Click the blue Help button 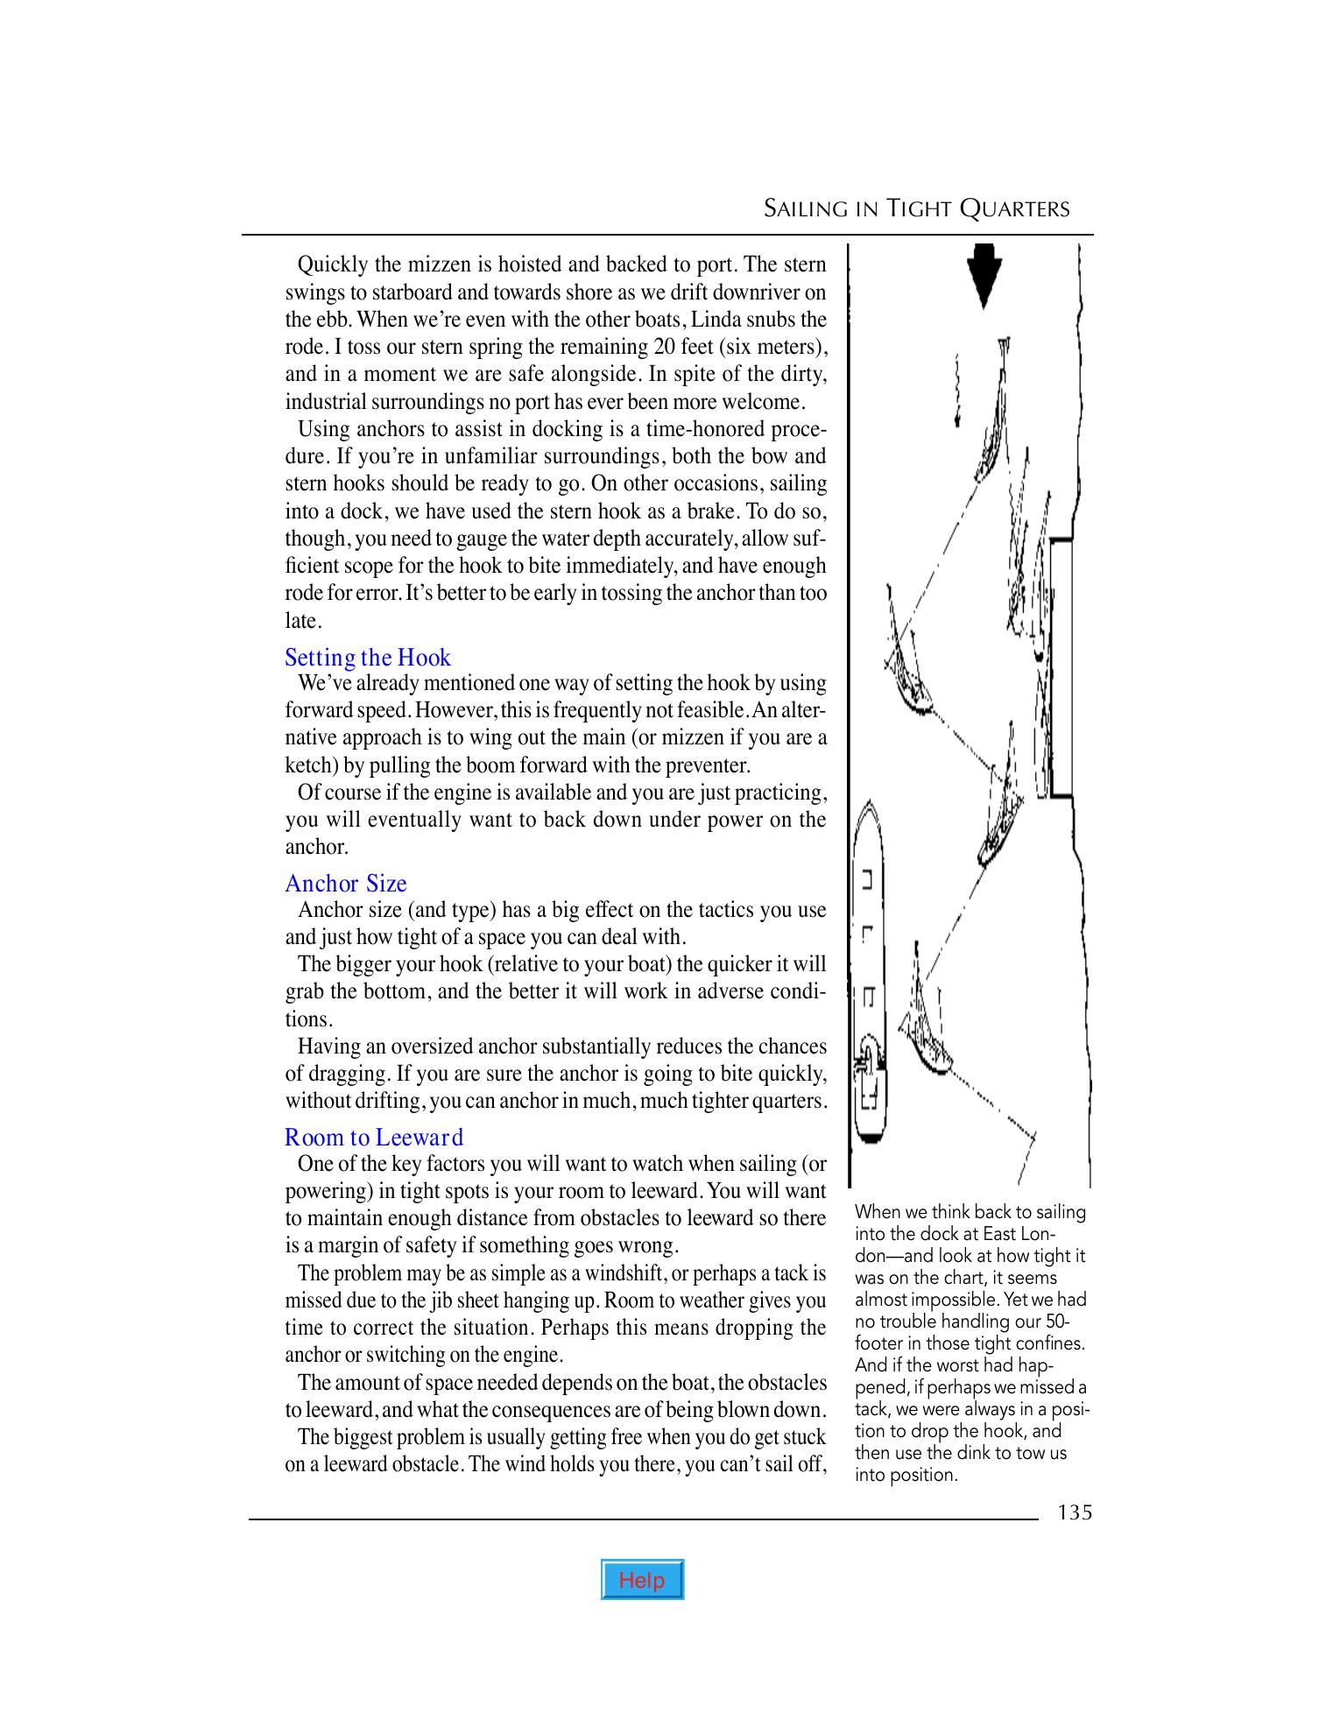(x=642, y=1579)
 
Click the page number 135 (x=1074, y=1512)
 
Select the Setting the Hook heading (x=368, y=658)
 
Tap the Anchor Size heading (x=346, y=884)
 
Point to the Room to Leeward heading (x=374, y=1138)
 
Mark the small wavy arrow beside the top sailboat (x=958, y=391)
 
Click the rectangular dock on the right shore (x=1061, y=666)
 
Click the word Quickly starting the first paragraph (x=332, y=264)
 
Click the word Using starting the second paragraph (x=324, y=429)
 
